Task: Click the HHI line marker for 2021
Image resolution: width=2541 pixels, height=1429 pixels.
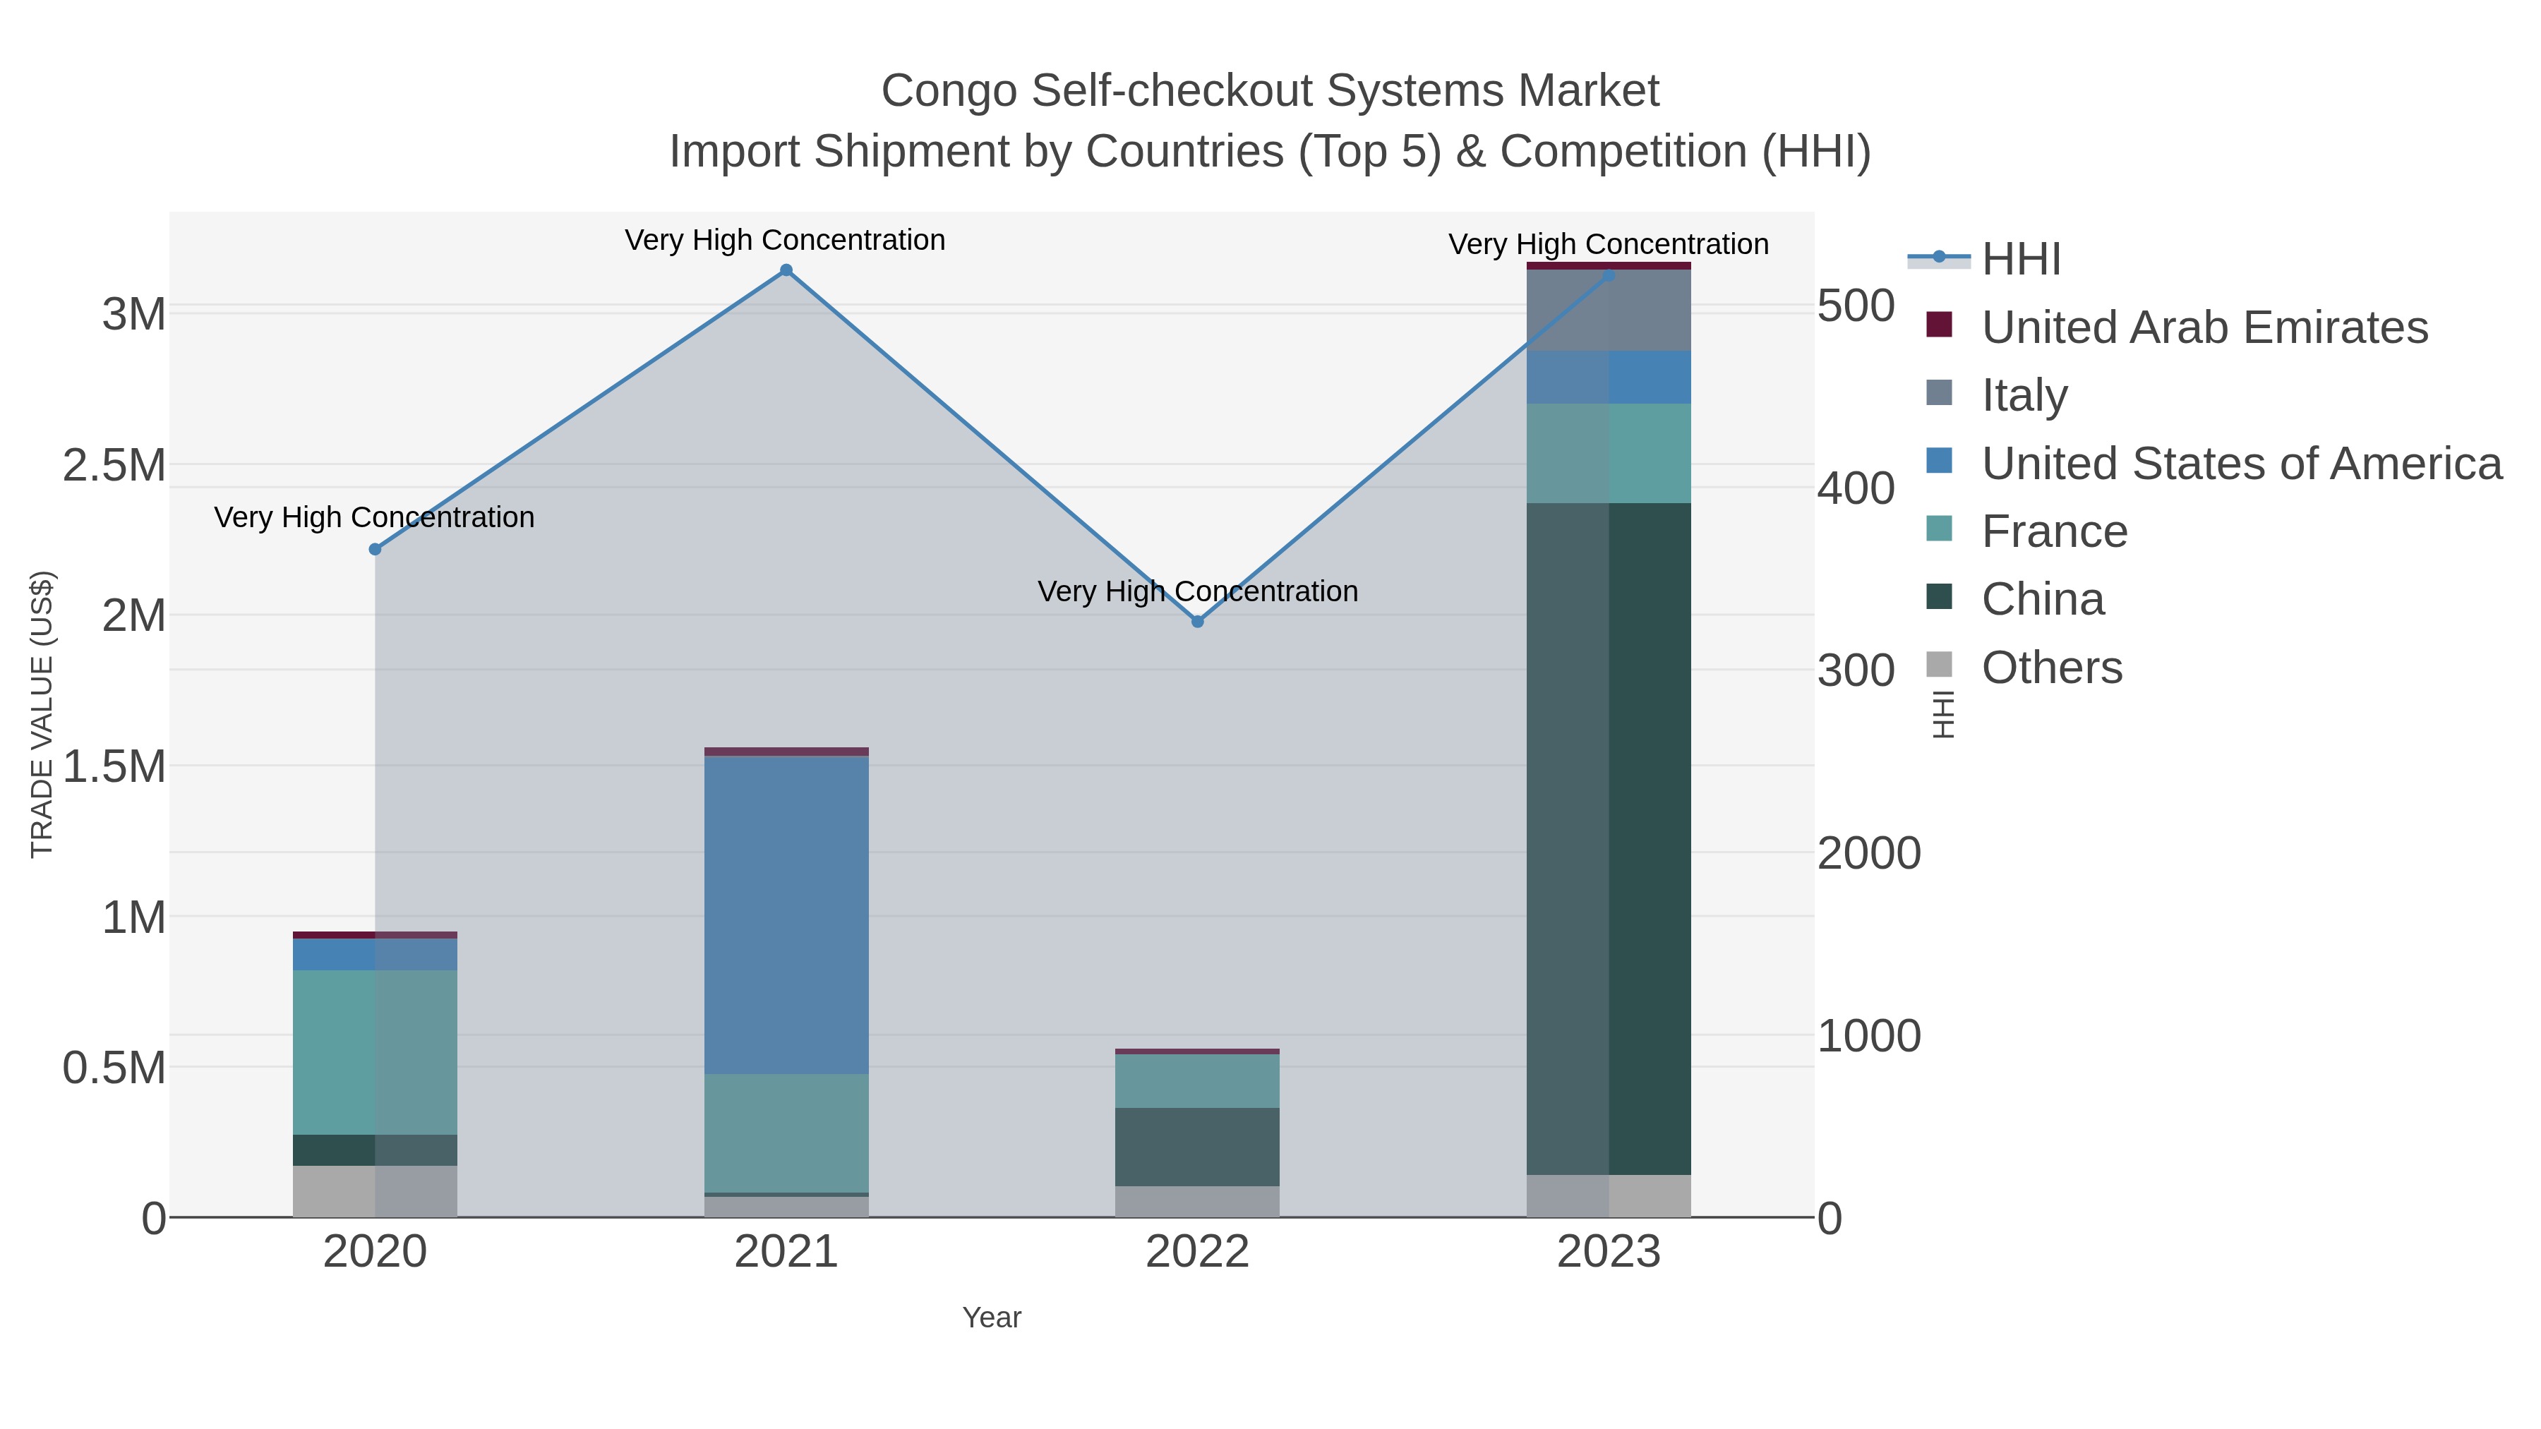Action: pos(786,270)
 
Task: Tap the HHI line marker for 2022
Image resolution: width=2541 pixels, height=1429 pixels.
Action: pos(1198,621)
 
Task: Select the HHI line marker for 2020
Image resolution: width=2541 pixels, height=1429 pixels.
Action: pos(375,549)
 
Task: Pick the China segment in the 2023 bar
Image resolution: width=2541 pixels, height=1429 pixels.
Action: pos(1609,838)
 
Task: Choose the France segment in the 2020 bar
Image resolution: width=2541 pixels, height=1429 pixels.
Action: pos(375,1051)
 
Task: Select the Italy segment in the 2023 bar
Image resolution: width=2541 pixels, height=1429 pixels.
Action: pos(1609,310)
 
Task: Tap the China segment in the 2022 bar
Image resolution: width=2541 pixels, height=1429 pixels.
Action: pos(1198,1146)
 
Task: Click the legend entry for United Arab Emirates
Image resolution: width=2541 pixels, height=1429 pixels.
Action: pos(2204,327)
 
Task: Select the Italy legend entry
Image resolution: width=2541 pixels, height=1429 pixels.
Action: pos(2024,395)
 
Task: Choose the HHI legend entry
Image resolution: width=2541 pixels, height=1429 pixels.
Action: pos(2020,260)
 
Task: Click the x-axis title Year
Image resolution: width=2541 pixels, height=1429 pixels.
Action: pos(992,1318)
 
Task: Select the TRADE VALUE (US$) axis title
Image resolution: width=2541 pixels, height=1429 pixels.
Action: pos(42,714)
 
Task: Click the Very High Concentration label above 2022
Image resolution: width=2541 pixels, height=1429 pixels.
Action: pos(1198,592)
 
